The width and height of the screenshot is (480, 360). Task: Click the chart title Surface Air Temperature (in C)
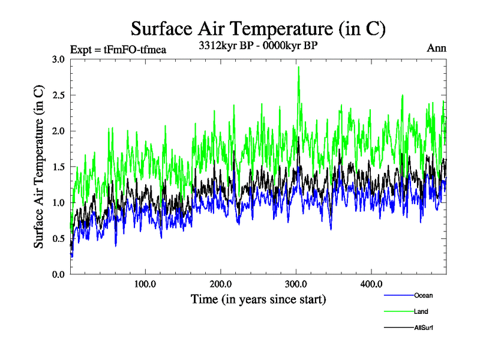tap(258, 28)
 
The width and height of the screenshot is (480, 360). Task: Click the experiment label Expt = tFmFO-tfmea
tap(118, 49)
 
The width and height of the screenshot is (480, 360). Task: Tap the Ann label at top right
tap(436, 48)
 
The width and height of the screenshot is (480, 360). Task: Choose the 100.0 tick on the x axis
tap(145, 284)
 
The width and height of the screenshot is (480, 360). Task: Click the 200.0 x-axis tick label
tap(221, 284)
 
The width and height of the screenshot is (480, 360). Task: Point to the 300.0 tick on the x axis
tap(296, 284)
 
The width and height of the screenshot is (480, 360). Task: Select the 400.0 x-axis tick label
tap(371, 284)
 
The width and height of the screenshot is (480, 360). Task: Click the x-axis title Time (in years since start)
tap(258, 299)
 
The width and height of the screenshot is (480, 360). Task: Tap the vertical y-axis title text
tap(39, 167)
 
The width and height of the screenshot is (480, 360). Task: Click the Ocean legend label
tap(423, 295)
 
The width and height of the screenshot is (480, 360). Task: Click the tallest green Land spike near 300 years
tap(298, 68)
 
